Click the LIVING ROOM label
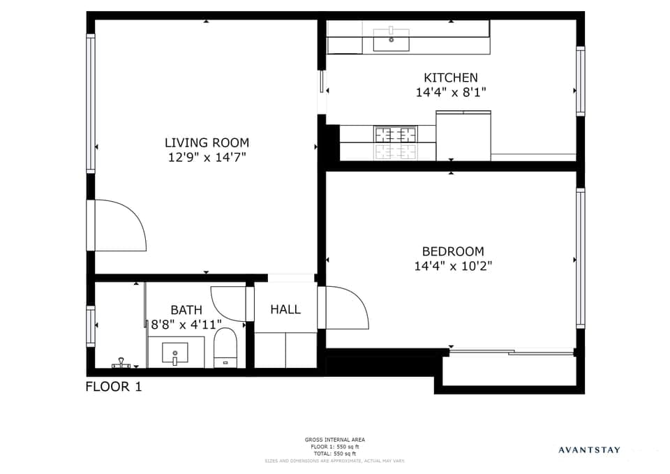[207, 142]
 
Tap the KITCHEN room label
[451, 77]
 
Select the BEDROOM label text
[453, 251]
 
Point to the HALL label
[285, 309]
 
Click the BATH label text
[186, 310]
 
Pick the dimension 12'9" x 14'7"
[207, 158]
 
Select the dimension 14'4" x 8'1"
[451, 92]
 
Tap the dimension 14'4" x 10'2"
[453, 266]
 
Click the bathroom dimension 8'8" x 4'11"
[186, 324]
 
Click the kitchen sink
[391, 39]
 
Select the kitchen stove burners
[395, 142]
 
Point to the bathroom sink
[174, 354]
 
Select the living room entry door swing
[119, 225]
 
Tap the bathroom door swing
[229, 303]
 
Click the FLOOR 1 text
[114, 386]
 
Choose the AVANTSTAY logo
[589, 450]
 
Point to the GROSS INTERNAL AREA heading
[334, 440]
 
